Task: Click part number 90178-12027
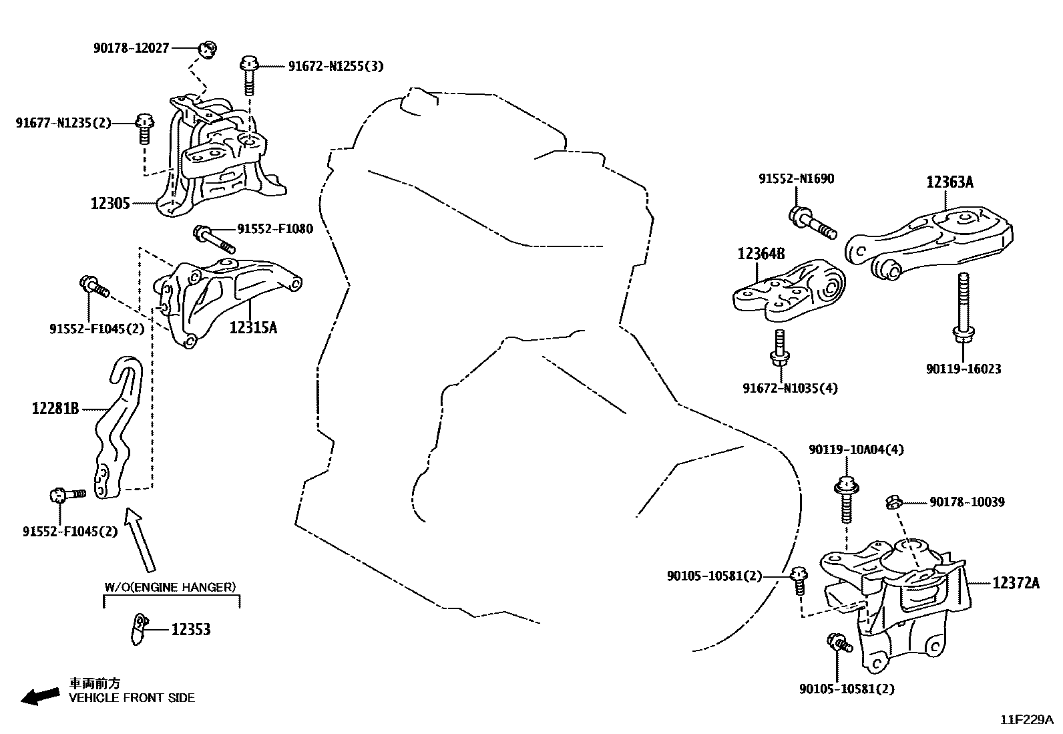[131, 48]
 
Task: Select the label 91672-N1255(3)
[335, 66]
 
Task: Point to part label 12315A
[253, 327]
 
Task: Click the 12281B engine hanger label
[55, 408]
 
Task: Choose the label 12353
[190, 630]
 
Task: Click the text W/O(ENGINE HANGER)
[170, 588]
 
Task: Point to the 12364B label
[761, 254]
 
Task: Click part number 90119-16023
[963, 369]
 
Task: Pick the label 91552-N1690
[796, 179]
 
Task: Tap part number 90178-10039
[966, 502]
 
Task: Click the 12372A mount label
[1016, 583]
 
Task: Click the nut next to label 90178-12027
[208, 49]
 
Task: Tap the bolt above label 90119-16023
[962, 307]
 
